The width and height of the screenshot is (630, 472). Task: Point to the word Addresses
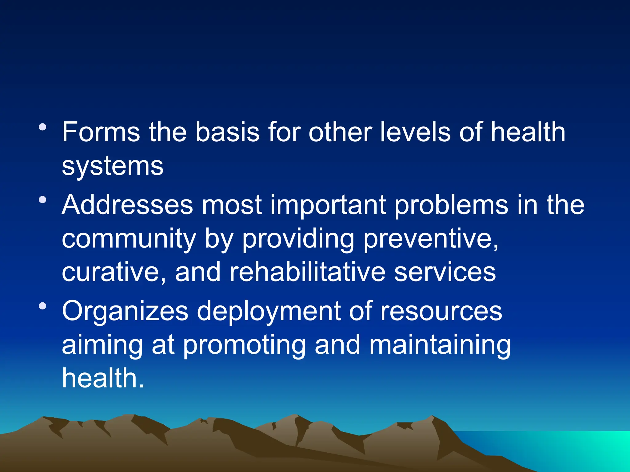127,205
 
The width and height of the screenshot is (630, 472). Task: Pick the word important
328,205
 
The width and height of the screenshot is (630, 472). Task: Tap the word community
129,240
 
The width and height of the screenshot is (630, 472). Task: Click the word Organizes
125,312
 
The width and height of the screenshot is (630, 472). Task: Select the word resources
441,312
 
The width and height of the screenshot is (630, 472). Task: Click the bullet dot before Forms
43,127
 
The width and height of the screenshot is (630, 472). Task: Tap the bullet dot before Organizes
43,306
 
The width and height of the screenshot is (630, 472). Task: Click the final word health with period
103,378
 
